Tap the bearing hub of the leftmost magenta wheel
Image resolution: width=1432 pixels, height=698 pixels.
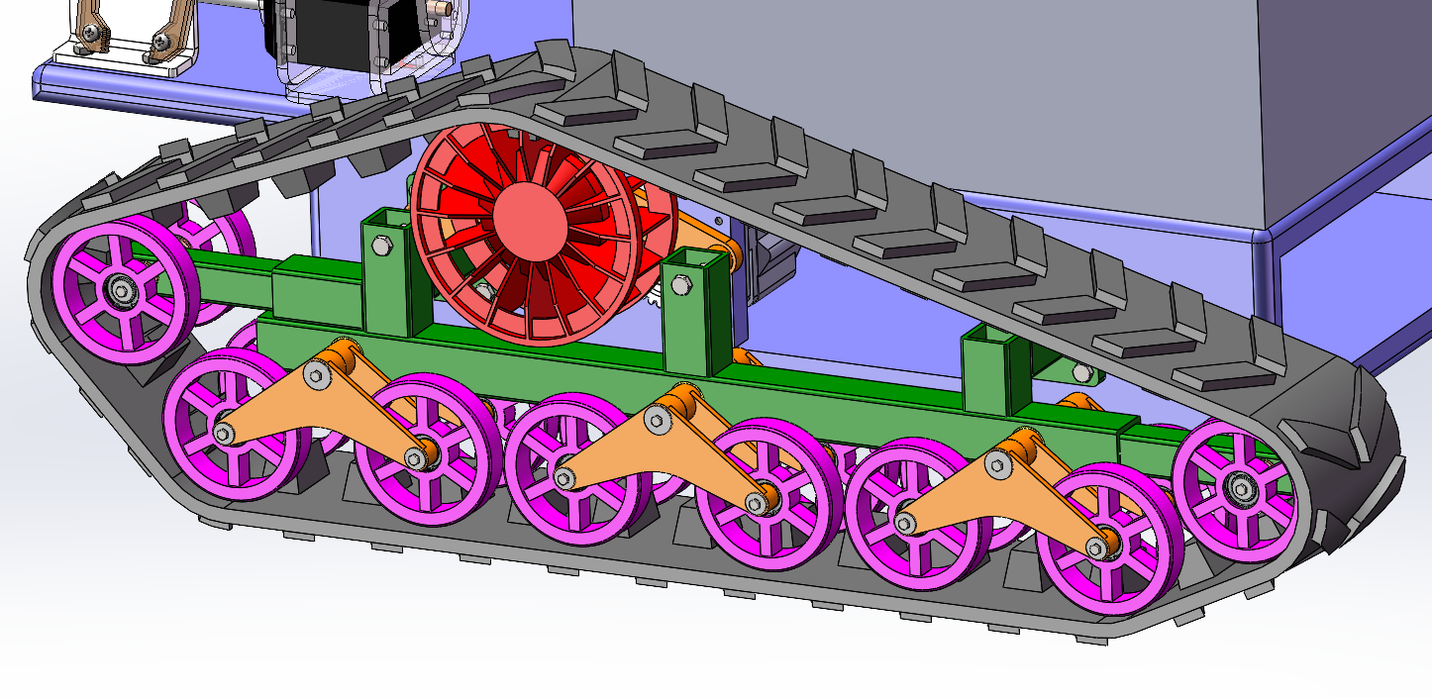(x=122, y=291)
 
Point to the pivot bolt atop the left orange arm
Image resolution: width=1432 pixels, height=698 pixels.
(x=316, y=374)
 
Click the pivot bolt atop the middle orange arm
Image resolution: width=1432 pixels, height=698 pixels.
(x=657, y=420)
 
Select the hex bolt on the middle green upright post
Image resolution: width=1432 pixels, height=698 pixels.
(x=679, y=287)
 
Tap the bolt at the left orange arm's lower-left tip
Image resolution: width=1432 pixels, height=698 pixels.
(x=224, y=434)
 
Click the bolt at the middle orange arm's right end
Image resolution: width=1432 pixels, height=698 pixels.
(x=757, y=504)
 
